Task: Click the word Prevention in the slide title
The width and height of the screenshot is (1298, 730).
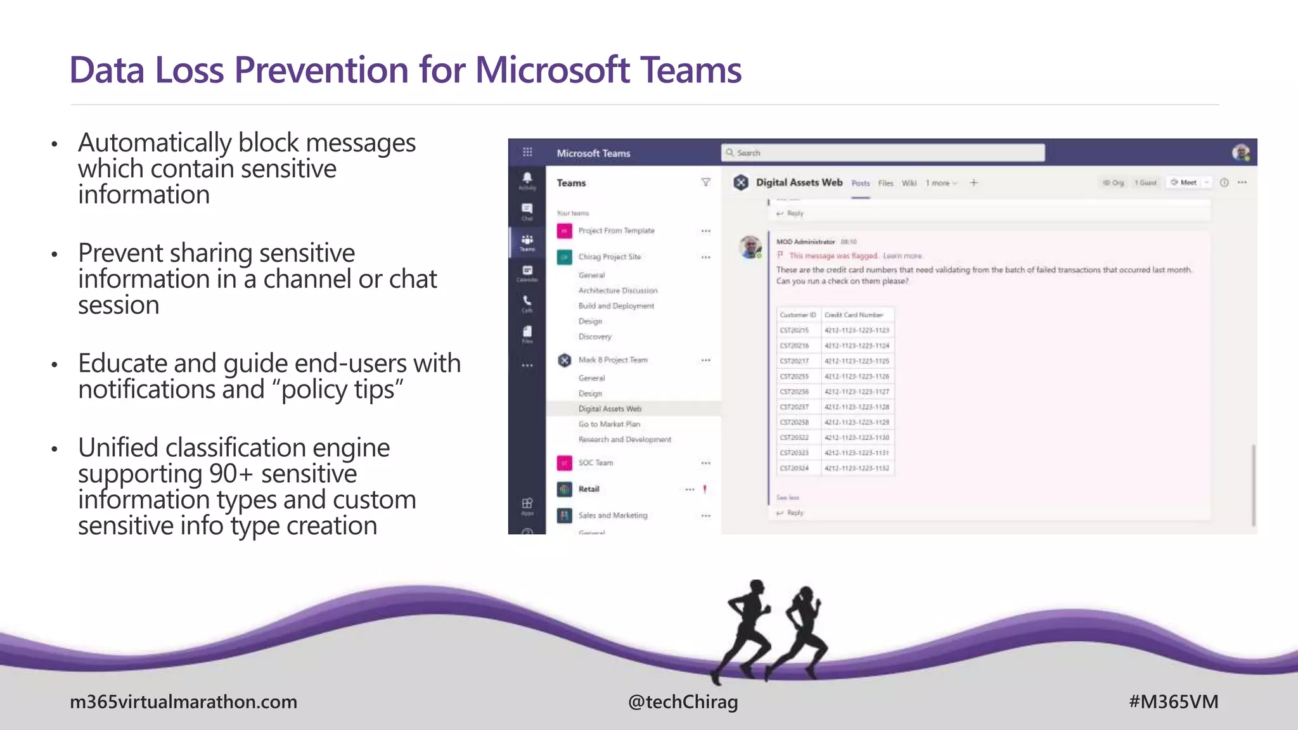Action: (322, 70)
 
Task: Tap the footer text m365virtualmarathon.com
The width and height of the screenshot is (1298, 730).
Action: (183, 702)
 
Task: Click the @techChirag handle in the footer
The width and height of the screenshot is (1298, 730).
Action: (683, 702)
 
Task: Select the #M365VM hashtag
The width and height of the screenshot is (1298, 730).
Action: (1173, 702)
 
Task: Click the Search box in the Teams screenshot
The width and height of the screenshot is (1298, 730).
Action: (882, 153)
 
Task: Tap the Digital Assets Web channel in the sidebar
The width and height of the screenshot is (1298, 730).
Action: (610, 409)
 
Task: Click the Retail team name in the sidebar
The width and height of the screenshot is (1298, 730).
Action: (589, 489)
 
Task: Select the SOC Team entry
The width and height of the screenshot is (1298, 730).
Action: (596, 463)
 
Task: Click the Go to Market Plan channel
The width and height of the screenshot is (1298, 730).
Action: (609, 424)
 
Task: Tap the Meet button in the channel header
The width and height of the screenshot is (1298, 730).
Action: (1184, 182)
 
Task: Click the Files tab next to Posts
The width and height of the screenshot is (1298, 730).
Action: (885, 183)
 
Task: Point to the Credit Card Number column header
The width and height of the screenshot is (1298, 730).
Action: (853, 315)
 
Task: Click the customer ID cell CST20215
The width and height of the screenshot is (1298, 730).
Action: (794, 330)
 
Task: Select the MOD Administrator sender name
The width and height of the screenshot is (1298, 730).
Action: (806, 241)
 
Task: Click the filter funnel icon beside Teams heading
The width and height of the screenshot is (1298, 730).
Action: (705, 182)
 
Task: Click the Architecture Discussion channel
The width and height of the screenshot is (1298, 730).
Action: (618, 291)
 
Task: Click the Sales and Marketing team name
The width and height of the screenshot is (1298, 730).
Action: (613, 516)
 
